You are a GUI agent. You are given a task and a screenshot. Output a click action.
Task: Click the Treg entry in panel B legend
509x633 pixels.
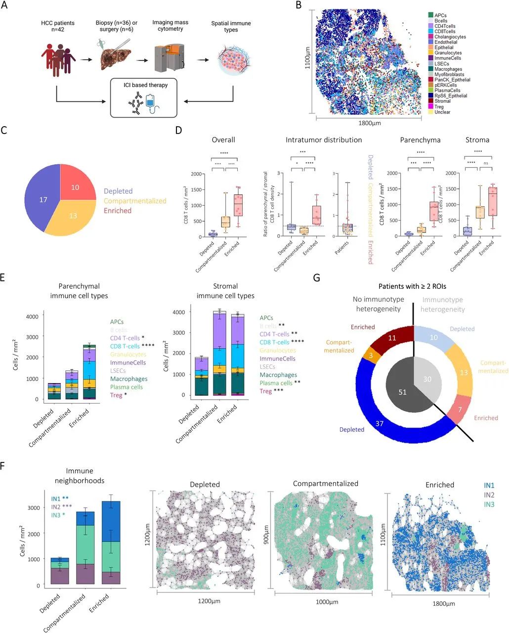(x=439, y=107)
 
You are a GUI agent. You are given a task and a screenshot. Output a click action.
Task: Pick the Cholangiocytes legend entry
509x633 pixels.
(x=450, y=37)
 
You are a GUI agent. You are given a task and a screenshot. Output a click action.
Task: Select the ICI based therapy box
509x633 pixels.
(x=145, y=98)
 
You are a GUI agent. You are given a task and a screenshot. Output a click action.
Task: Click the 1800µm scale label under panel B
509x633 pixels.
(x=368, y=125)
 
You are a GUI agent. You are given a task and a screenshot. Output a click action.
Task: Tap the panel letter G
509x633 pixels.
(x=317, y=277)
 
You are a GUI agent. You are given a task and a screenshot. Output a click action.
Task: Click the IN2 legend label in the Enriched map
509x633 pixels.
(x=489, y=495)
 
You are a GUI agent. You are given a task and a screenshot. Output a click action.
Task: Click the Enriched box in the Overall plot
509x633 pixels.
(x=239, y=205)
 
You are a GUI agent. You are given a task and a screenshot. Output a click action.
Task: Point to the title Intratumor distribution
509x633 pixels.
(x=324, y=140)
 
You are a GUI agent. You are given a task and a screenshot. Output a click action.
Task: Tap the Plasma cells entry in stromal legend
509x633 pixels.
(x=276, y=383)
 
